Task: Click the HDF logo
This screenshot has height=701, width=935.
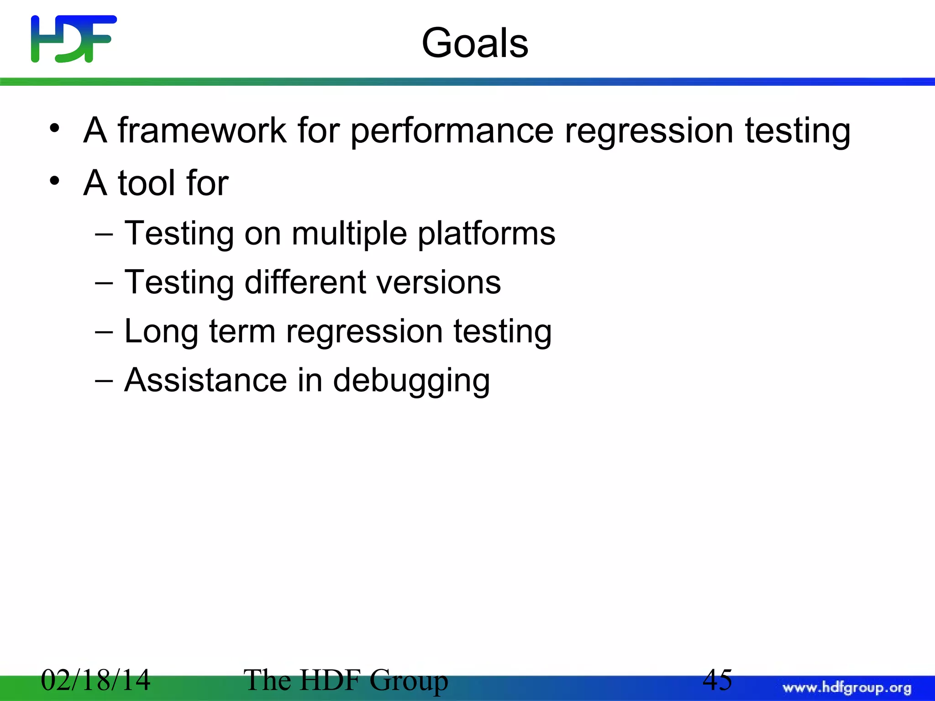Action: point(74,39)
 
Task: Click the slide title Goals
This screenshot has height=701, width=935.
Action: point(475,43)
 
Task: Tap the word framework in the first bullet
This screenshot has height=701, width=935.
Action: point(201,131)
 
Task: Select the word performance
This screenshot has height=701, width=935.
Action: point(452,131)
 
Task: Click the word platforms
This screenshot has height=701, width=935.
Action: point(486,234)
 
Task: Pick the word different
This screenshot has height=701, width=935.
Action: point(305,282)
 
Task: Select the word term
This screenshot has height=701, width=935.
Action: point(242,332)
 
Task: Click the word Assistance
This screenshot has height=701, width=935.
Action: point(205,380)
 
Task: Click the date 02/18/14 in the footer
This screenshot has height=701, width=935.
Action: point(95,680)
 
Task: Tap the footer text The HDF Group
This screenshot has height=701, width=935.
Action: point(346,680)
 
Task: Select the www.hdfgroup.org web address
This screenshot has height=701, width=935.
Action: point(847,688)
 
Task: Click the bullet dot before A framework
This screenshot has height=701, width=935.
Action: point(55,129)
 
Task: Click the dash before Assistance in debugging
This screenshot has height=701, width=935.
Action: point(104,381)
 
